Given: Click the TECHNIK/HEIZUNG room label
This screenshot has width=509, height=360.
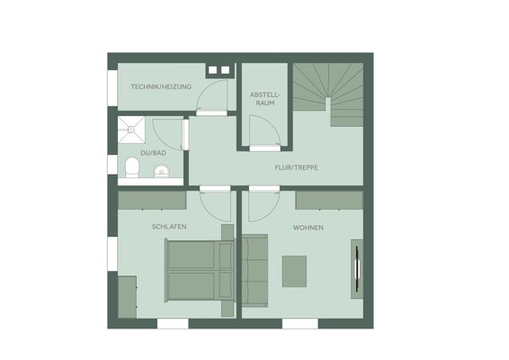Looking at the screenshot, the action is [161, 86].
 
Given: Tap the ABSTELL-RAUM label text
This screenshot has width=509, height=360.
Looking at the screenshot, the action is [264, 99].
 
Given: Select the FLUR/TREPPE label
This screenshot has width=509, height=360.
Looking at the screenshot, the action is [297, 167].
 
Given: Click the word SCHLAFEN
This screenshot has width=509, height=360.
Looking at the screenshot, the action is [169, 227].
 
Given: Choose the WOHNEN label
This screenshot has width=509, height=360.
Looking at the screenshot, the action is [308, 228].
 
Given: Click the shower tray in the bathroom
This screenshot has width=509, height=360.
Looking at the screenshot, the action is [131, 130].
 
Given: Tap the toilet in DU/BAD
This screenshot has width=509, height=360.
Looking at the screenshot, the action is [132, 167].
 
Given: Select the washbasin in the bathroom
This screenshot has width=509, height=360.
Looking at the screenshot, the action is [161, 171].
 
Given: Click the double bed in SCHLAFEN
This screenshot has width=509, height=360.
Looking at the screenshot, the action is [200, 270].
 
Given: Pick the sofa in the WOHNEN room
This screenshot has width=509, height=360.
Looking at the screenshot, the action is [254, 270].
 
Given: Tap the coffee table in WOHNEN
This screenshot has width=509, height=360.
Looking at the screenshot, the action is [294, 271].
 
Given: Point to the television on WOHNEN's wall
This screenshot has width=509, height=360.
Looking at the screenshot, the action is [357, 269].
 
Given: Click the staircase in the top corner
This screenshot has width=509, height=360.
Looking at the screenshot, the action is [328, 94].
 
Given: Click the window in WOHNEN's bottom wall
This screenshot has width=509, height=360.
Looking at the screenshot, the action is [300, 324].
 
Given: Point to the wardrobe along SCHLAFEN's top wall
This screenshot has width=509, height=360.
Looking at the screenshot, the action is [152, 200].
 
